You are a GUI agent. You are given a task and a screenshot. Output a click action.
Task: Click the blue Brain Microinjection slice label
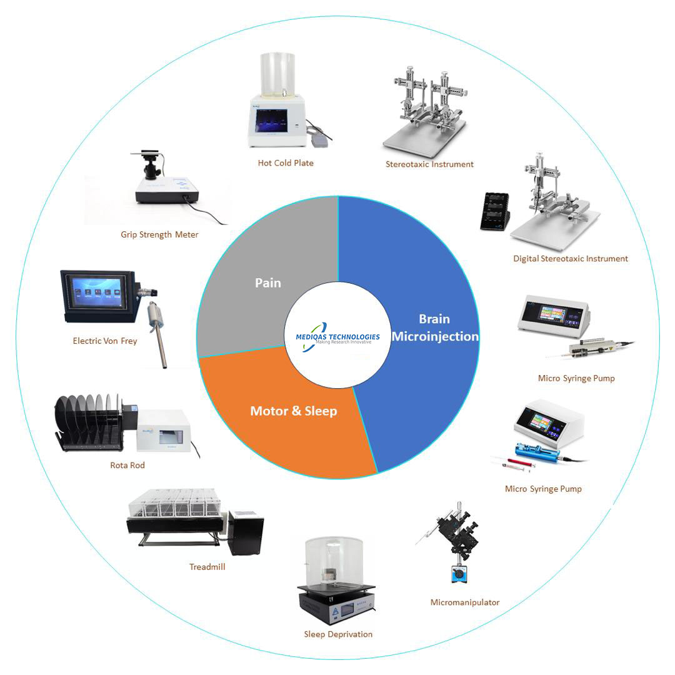tap(435, 327)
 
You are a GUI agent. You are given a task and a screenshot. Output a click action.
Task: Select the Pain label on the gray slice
tap(267, 282)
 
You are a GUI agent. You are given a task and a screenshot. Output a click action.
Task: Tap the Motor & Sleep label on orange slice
tap(293, 411)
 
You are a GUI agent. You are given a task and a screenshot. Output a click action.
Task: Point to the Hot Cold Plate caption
tap(286, 163)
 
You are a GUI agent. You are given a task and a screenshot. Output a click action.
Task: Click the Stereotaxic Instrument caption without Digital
tap(429, 164)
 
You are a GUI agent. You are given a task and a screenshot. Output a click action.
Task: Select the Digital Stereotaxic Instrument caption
tap(570, 258)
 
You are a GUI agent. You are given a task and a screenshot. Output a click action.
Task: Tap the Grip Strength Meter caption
tap(159, 235)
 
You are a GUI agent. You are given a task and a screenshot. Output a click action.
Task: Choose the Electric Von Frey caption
tap(104, 341)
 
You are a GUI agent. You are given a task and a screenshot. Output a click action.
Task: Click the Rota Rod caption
tap(127, 465)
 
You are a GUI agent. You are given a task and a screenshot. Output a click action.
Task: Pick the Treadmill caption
tap(207, 567)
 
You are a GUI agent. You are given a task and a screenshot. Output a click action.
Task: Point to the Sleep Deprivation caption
tap(338, 634)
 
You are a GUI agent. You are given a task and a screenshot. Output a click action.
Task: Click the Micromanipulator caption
tap(464, 602)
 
